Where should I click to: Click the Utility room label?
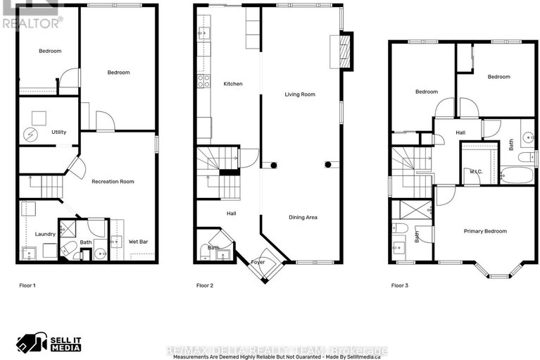tap(58, 132)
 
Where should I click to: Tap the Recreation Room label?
tap(113, 182)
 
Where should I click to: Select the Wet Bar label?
tap(138, 242)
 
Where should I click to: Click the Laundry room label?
tap(45, 234)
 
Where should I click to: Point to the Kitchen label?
tap(233, 84)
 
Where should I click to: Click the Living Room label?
tap(299, 94)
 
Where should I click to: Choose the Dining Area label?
tap(302, 218)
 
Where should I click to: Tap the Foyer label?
tap(258, 261)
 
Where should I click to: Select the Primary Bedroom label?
tap(484, 231)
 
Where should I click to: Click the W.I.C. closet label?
tap(475, 171)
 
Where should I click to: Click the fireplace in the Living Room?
tap(345, 51)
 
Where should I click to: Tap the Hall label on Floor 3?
tap(460, 132)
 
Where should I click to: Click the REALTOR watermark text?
tap(32, 23)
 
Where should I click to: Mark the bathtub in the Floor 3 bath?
tap(517, 175)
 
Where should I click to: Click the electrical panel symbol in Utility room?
tap(30, 134)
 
